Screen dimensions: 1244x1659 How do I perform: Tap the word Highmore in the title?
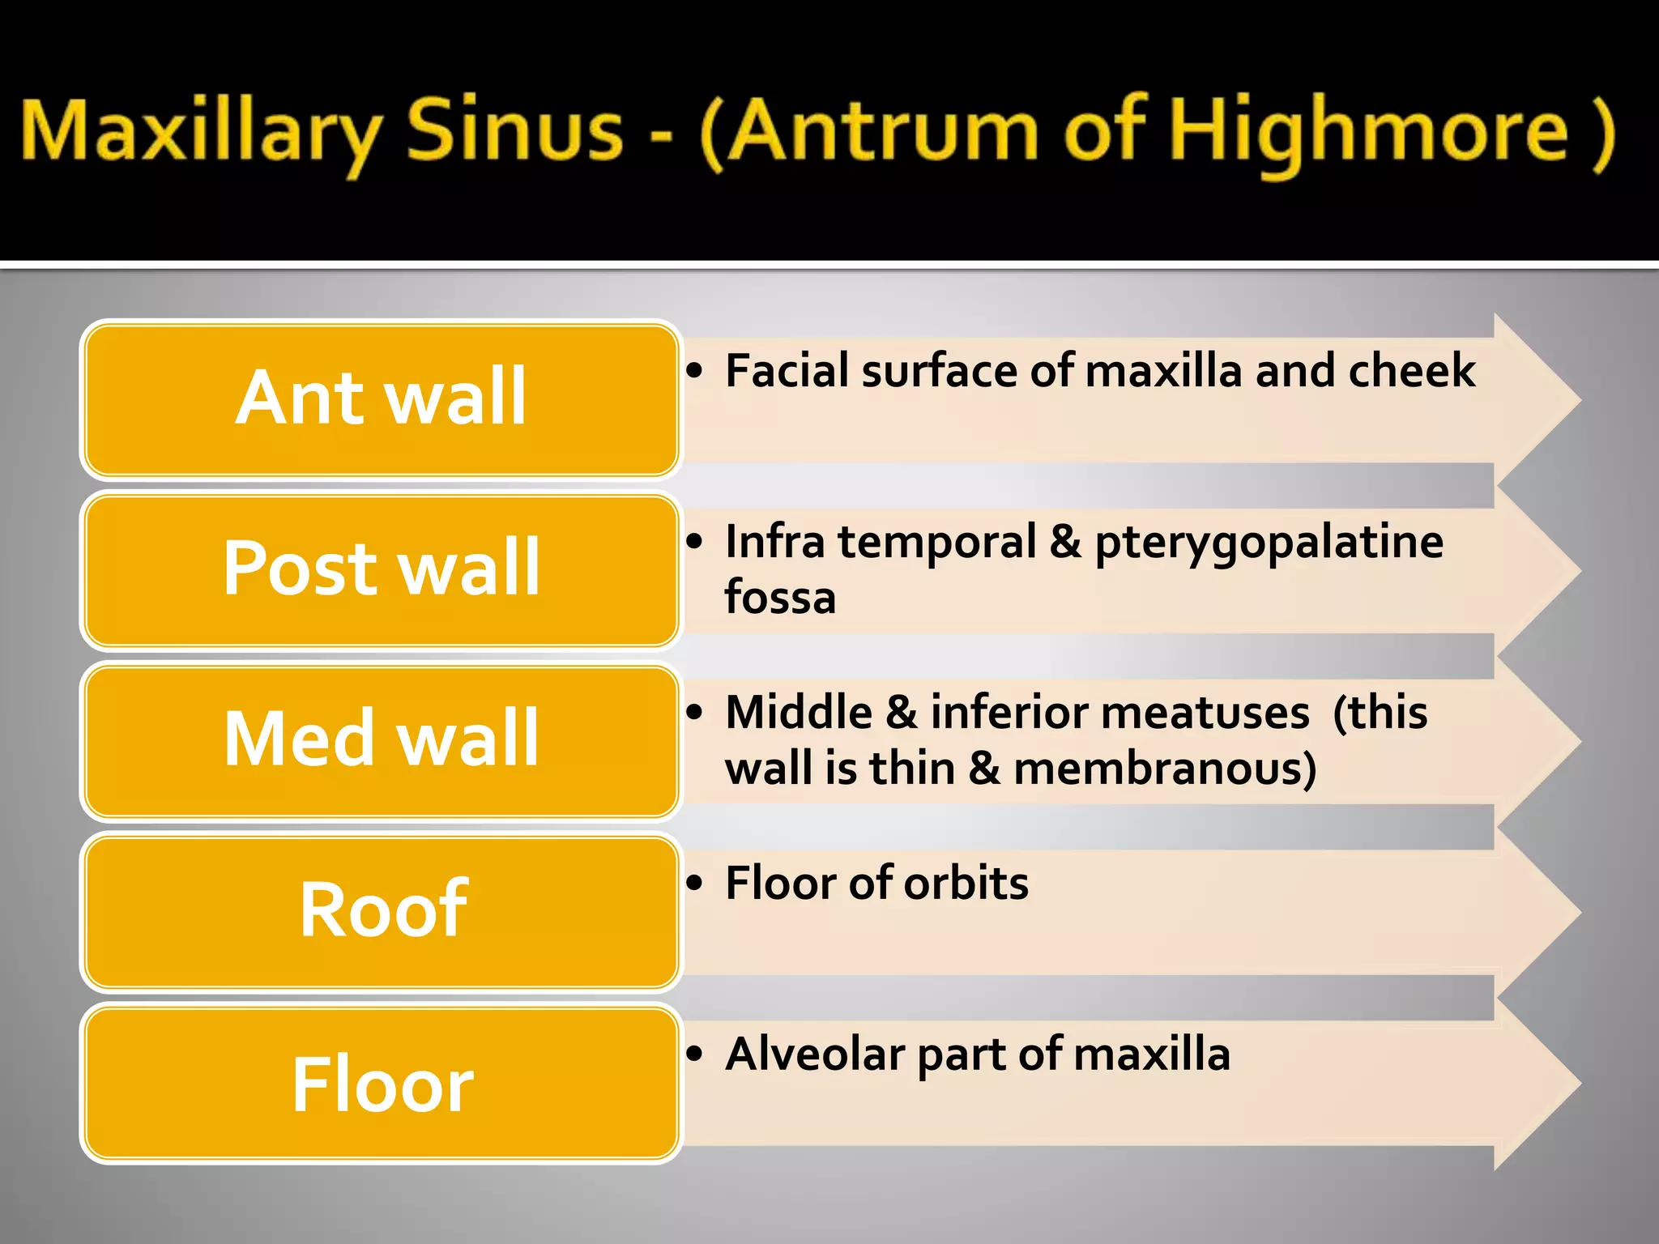[x=1369, y=134]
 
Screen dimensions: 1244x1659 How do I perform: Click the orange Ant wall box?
[x=381, y=398]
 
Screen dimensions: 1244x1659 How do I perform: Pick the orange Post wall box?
[x=381, y=569]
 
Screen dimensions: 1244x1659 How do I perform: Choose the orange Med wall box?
[x=381, y=739]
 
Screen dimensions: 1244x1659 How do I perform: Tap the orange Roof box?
[x=381, y=910]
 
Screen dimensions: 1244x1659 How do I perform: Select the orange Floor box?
[x=381, y=1084]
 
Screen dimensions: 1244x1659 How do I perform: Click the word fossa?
[x=779, y=598]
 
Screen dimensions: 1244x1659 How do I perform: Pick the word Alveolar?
[x=815, y=1054]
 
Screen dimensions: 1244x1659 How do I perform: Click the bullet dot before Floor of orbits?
[x=694, y=883]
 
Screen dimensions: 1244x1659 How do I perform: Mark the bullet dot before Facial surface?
[x=694, y=371]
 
